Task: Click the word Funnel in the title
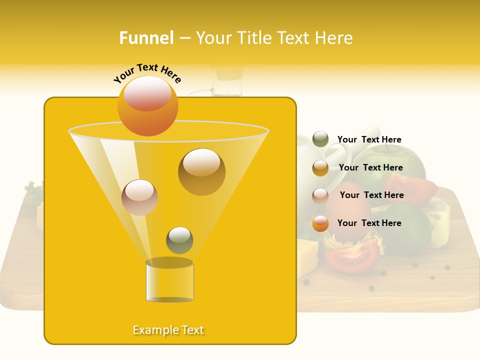pyautogui.click(x=146, y=38)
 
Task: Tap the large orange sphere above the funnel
pyautogui.click(x=147, y=105)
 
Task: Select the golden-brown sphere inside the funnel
pyautogui.click(x=201, y=171)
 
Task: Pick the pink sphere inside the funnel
pyautogui.click(x=139, y=197)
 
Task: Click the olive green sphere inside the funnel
pyautogui.click(x=179, y=240)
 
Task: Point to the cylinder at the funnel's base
pyautogui.click(x=169, y=281)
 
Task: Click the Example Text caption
pyautogui.click(x=168, y=330)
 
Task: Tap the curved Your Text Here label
pyautogui.click(x=147, y=72)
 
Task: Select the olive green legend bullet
pyautogui.click(x=320, y=139)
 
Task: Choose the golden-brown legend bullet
pyautogui.click(x=320, y=168)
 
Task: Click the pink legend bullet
pyautogui.click(x=320, y=196)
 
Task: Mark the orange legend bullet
pyautogui.click(x=320, y=223)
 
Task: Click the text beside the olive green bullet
pyautogui.click(x=369, y=140)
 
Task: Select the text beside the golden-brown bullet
pyautogui.click(x=370, y=168)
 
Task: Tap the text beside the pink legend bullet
pyautogui.click(x=371, y=195)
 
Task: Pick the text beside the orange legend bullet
pyautogui.click(x=369, y=223)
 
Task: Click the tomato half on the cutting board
pyautogui.click(x=351, y=255)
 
